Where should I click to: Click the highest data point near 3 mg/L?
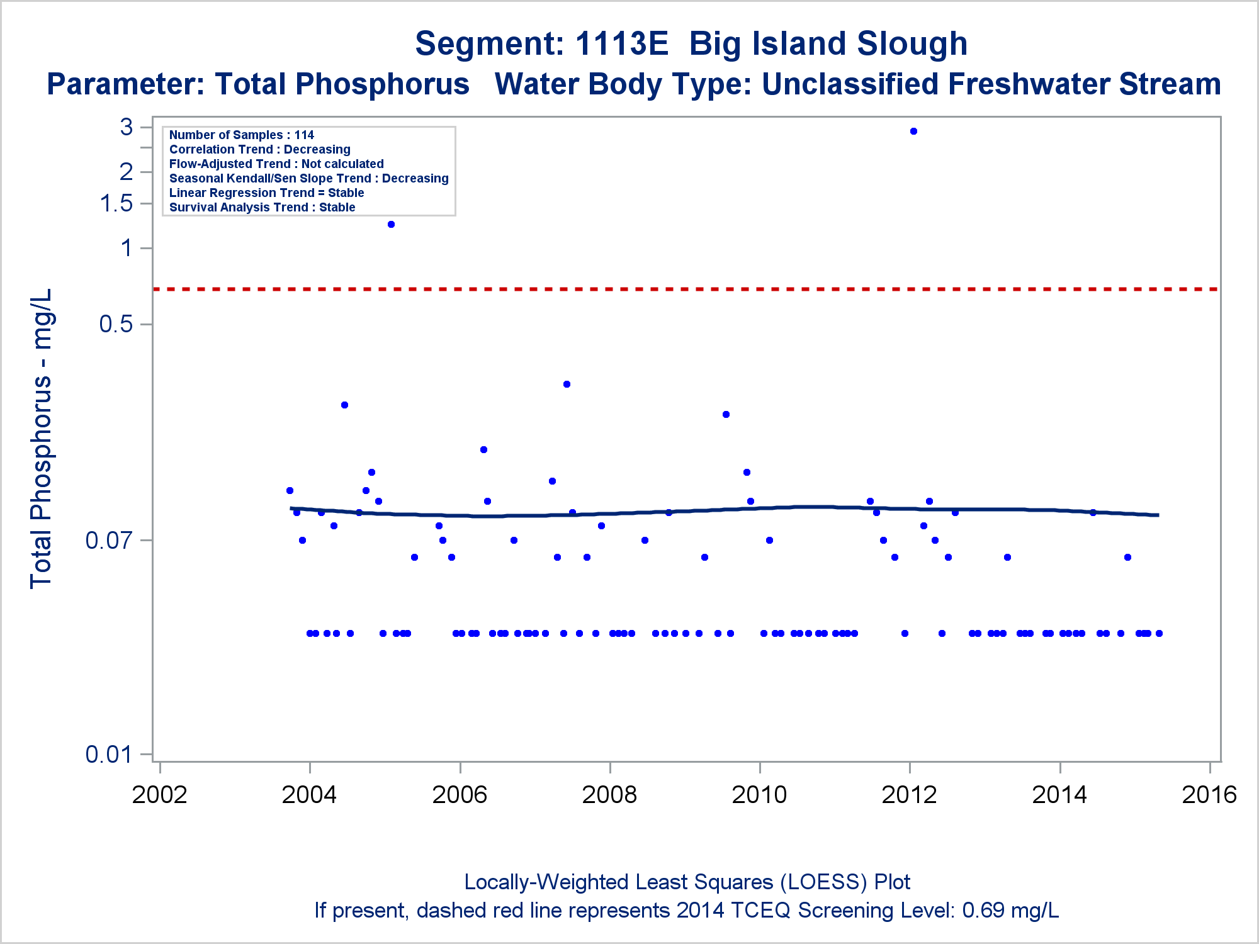tap(913, 132)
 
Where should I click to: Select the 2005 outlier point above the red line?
tap(391, 225)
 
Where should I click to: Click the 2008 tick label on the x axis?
tap(609, 795)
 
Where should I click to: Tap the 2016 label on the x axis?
tap(1209, 795)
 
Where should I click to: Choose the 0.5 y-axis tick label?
tap(116, 324)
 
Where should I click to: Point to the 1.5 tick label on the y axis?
tap(116, 203)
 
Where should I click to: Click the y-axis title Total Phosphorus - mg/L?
tap(42, 439)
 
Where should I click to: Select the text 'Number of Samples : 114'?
tap(242, 135)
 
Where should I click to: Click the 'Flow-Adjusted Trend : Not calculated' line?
tap(276, 164)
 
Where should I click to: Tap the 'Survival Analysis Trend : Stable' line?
tap(262, 208)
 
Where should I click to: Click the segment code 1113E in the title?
tap(621, 44)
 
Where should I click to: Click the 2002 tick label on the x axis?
tap(160, 795)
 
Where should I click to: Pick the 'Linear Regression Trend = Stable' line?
tap(266, 193)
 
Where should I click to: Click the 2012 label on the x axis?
tap(910, 795)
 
